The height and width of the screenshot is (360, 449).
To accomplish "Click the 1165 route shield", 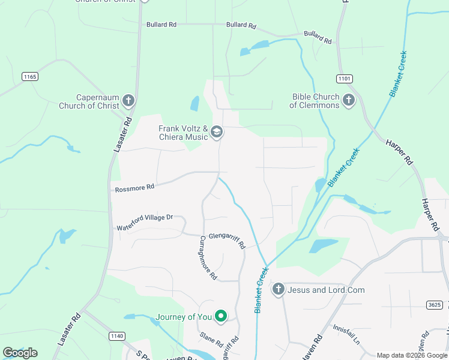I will click(30, 76).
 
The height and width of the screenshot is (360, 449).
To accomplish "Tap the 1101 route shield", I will click(345, 79).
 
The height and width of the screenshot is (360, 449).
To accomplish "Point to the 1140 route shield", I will click(118, 336).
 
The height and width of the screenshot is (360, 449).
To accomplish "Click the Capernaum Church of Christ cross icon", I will click(128, 101).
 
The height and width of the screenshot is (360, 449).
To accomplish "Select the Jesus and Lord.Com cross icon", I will click(278, 290).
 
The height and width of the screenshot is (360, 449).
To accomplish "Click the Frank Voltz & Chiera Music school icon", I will click(217, 132).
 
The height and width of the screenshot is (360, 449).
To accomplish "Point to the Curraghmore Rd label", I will click(208, 257).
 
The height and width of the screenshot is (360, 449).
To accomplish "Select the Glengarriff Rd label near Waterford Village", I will click(227, 241).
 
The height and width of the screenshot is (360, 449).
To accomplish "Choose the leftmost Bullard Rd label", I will click(161, 25).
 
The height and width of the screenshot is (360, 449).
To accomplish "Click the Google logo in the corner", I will click(20, 353).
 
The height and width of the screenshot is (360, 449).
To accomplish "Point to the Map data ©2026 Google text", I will click(411, 355).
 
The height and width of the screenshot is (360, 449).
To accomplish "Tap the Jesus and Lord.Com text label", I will click(326, 290).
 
